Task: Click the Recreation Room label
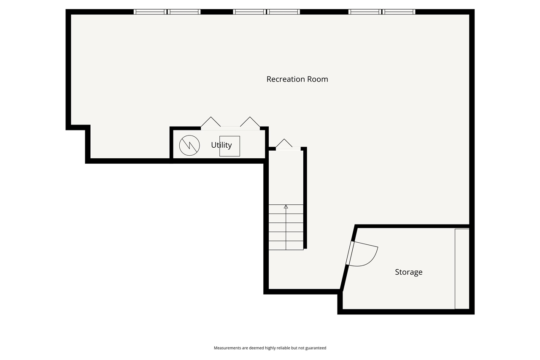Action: pos(297,79)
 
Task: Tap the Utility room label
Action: pos(221,145)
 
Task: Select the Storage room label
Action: pos(408,272)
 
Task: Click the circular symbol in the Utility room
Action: pos(189,145)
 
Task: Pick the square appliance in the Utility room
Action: pos(229,146)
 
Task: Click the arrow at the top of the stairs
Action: pos(286,207)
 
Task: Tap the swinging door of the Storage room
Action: pos(363,255)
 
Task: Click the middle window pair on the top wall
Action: pos(266,12)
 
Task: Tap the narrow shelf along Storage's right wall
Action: pos(462,269)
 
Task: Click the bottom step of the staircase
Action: pos(286,245)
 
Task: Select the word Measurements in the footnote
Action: pos(227,348)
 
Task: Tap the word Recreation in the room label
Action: pos(286,79)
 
